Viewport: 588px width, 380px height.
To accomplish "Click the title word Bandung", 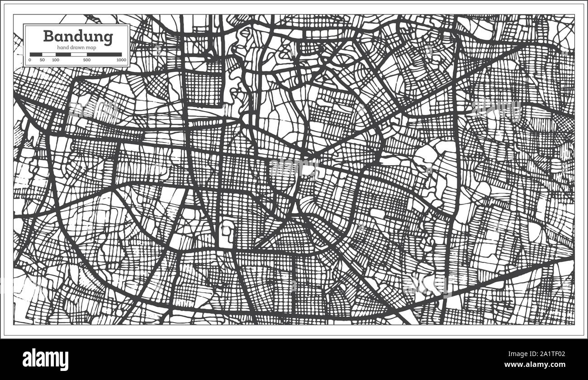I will click(78, 37).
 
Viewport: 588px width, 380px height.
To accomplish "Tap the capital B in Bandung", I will click(48, 36).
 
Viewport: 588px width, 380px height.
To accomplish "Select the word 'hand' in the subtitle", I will click(62, 48).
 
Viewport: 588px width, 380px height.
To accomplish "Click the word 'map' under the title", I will click(93, 48).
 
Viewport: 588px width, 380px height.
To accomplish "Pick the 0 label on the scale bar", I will click(30, 60).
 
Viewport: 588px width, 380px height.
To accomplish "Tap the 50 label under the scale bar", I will click(42, 60).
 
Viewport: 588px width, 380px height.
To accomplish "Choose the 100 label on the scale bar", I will click(55, 60).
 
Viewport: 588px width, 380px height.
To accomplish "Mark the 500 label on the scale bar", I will click(86, 60).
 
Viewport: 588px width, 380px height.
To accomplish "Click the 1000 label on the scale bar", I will click(121, 60).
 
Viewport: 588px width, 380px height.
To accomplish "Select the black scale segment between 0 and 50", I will click(35, 54).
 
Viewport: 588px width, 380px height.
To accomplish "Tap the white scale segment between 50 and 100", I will click(48, 54).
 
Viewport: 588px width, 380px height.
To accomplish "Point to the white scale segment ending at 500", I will click(79, 54).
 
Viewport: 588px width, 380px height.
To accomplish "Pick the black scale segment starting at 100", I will click(63, 54).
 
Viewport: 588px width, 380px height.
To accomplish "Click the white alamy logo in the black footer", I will click(45, 360).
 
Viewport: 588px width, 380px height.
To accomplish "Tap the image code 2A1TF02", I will click(551, 355).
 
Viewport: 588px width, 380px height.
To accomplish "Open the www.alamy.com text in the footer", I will click(540, 364).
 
